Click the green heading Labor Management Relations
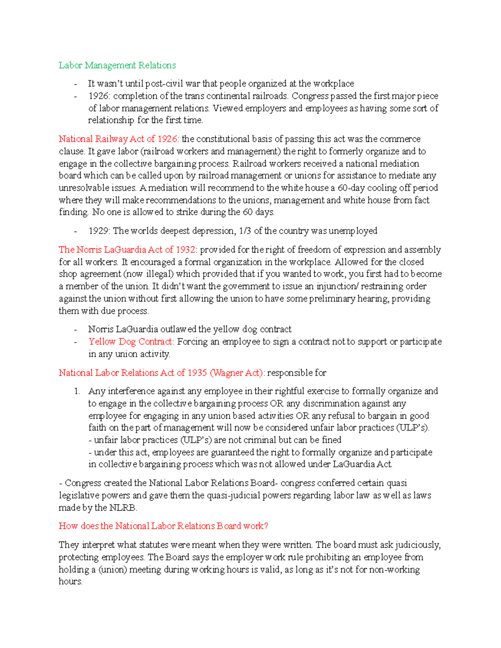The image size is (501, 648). [117, 65]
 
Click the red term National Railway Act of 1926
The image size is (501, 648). [118, 139]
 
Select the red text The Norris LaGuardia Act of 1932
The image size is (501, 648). [127, 250]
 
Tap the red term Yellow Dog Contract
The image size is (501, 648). [131, 341]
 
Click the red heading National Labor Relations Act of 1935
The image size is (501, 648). [161, 373]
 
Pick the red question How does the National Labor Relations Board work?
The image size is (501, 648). [163, 526]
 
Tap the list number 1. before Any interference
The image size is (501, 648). [77, 391]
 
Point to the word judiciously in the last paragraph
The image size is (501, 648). [417, 545]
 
